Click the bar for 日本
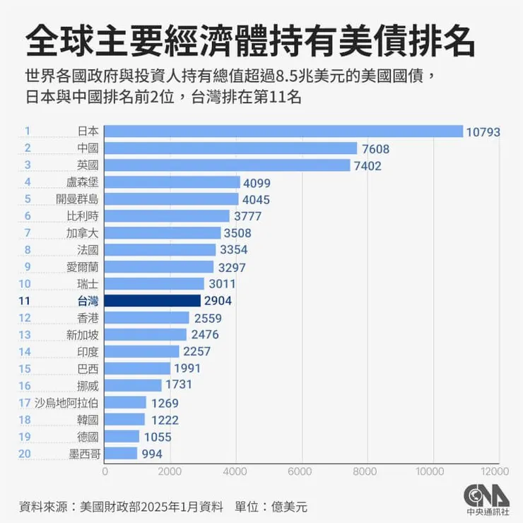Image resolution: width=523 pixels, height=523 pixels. point(283,131)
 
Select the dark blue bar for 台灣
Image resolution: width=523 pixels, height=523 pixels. point(152,300)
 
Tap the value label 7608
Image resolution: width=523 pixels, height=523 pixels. point(375,148)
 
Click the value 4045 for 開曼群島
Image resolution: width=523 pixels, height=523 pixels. point(256,199)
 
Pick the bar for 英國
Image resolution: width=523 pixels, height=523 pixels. point(227,165)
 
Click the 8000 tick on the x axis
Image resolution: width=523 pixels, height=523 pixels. point(365,471)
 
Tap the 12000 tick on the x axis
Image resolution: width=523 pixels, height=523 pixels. point(495,471)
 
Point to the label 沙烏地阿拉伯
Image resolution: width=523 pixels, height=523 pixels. point(66,403)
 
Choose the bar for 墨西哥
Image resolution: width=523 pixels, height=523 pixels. point(121,453)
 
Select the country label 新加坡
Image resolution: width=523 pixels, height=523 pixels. point(83,334)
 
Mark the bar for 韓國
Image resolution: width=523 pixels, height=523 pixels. point(124,419)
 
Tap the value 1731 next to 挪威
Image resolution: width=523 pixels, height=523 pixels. point(178,385)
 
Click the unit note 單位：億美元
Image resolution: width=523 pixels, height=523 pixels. point(271,506)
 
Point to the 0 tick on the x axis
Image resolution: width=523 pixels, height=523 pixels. point(105,471)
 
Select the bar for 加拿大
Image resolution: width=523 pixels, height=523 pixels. point(163,233)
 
